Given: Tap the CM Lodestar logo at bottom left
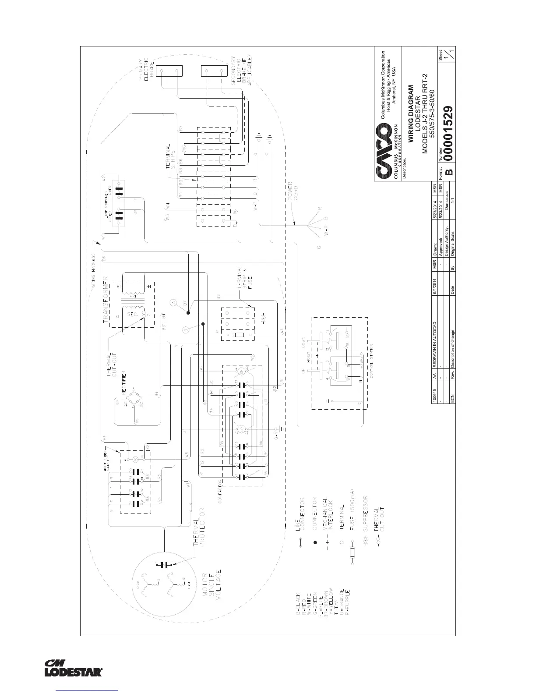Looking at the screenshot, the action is (x=74, y=668).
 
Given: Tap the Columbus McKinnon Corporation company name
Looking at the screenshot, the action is (x=383, y=85).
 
